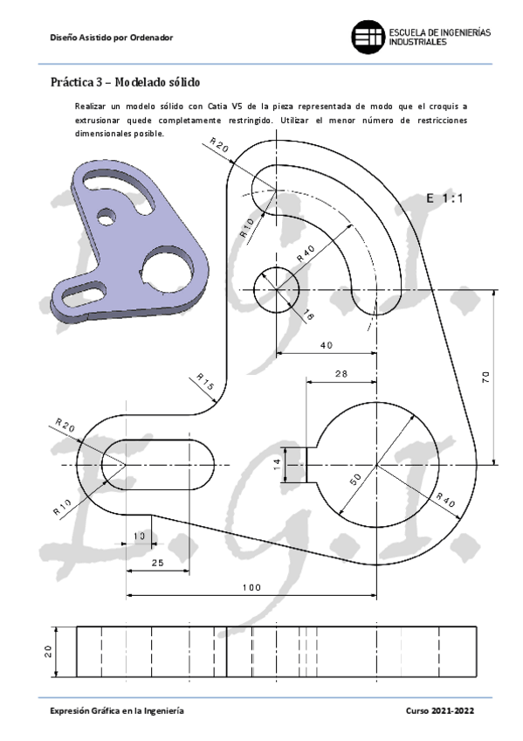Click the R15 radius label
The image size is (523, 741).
pos(203,382)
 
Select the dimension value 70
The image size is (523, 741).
pos(485,377)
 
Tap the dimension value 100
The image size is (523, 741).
pos(251,588)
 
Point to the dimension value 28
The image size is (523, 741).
pos(341,373)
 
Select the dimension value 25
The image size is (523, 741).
pos(157,563)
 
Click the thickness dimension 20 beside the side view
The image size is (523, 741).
pos(49,650)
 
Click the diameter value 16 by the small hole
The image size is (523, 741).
pos(308,315)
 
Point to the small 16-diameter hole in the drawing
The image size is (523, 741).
pos(276,290)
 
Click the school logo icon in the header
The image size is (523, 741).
pos(368,38)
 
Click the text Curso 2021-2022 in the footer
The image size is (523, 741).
pos(440,712)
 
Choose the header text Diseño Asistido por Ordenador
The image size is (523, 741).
pos(112,38)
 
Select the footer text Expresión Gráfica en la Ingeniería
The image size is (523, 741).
pos(116,712)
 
